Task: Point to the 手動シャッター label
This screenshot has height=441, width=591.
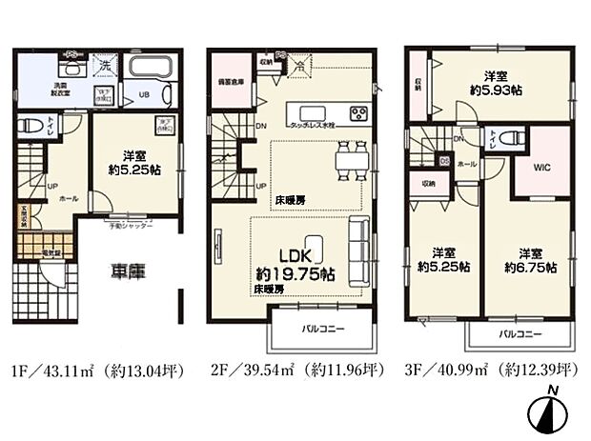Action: click(130, 227)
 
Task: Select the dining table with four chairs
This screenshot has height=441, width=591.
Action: click(349, 160)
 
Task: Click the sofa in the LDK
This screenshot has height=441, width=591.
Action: click(359, 251)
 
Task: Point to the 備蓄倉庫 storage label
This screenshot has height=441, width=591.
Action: click(233, 83)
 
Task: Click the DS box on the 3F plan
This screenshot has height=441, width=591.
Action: click(442, 160)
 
